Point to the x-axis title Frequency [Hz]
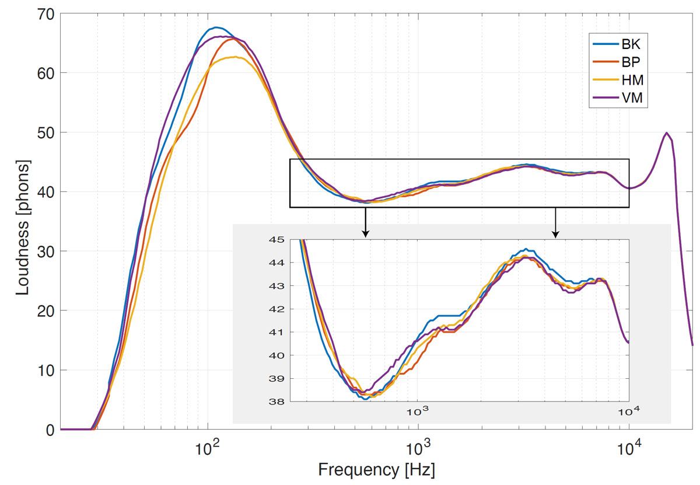376,469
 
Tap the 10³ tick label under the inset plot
417,411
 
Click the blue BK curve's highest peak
216,27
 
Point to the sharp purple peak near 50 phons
666,133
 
